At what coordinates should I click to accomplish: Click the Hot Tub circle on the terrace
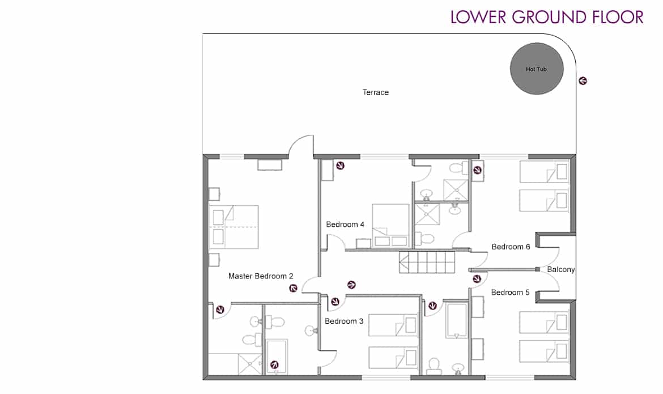[537, 69]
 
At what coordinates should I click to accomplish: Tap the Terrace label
[376, 92]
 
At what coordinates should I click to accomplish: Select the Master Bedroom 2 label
[261, 276]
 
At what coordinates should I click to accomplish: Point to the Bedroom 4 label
[345, 224]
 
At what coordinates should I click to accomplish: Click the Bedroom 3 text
[344, 321]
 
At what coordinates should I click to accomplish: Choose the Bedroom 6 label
[511, 247]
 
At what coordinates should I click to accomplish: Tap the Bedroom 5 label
[510, 293]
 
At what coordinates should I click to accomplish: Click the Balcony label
[560, 270]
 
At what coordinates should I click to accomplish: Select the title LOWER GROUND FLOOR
[547, 18]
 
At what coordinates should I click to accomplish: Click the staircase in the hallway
[427, 262]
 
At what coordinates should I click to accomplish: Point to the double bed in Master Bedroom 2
[234, 227]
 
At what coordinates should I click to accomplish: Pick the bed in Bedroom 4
[390, 226]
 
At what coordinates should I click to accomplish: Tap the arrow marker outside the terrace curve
[583, 81]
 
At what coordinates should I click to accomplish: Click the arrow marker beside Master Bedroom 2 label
[293, 289]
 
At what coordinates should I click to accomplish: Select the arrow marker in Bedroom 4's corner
[340, 166]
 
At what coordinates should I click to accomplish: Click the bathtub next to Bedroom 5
[456, 320]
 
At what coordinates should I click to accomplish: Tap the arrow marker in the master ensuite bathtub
[274, 365]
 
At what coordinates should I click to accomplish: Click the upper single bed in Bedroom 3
[393, 325]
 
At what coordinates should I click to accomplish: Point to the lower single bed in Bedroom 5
[544, 351]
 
